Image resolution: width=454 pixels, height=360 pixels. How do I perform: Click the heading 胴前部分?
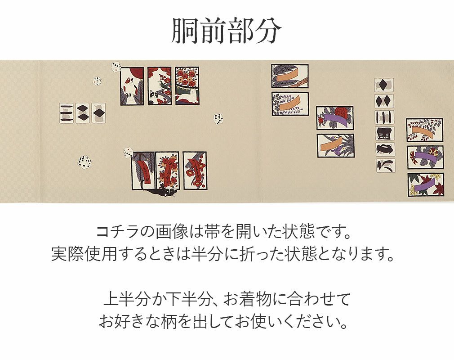pos(227,31)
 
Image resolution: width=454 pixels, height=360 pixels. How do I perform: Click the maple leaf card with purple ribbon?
pos(425,184)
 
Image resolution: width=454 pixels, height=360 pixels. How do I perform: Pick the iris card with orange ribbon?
pos(336,146)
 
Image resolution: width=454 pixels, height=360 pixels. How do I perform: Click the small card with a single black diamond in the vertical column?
pos(384,85)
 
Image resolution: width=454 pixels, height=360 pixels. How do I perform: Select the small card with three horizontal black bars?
pos(67,113)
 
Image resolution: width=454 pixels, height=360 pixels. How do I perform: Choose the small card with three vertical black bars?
pos(384,117)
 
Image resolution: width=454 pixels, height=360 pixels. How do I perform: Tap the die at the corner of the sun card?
pos(116,67)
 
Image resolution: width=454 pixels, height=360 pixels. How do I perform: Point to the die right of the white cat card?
pos(218,118)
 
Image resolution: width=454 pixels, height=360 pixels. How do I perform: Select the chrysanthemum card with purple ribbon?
pos(425,157)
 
